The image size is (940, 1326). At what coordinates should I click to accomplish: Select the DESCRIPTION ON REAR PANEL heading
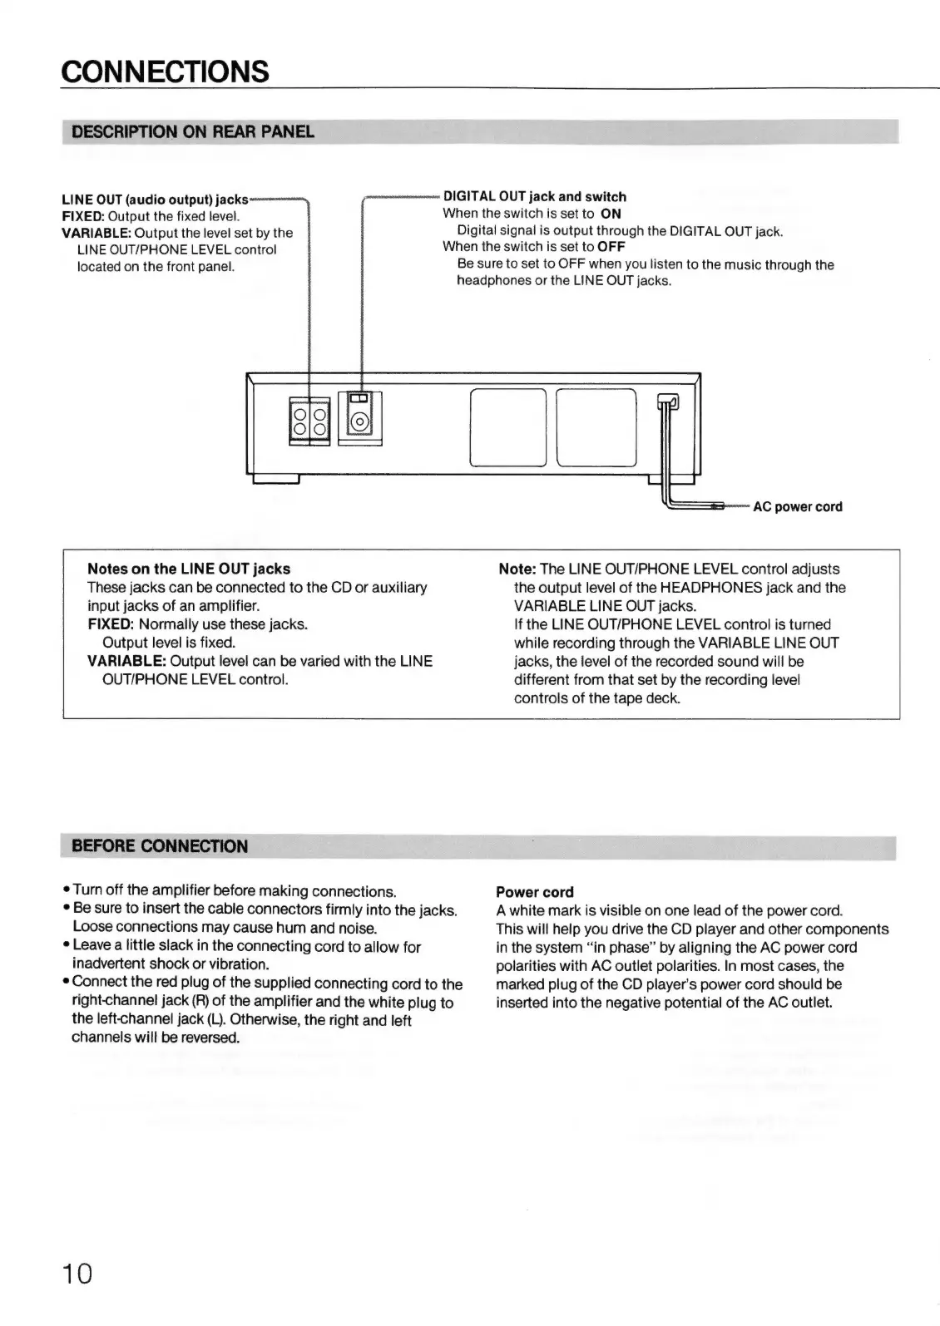(193, 132)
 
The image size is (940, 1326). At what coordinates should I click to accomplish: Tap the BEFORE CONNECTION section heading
(160, 846)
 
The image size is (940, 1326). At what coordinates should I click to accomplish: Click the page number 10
(77, 1274)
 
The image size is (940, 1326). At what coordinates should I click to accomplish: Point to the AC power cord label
(797, 507)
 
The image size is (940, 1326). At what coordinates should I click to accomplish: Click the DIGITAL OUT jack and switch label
(534, 197)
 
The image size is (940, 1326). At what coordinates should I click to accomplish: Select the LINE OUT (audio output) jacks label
(155, 200)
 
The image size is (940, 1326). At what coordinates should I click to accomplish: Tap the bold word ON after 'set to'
(611, 214)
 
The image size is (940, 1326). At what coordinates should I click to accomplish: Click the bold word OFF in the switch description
(611, 247)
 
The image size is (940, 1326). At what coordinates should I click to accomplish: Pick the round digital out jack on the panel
(359, 421)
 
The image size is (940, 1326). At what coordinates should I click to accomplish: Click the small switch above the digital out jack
(359, 398)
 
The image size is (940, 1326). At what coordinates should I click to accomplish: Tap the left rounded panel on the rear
(507, 427)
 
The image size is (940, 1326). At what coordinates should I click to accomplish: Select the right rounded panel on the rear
(596, 427)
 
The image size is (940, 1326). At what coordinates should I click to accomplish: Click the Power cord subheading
(534, 892)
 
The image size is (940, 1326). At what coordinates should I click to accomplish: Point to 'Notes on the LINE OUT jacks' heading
(189, 569)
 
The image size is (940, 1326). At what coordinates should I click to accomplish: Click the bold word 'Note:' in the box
(517, 569)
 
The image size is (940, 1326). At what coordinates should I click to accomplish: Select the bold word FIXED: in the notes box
(111, 624)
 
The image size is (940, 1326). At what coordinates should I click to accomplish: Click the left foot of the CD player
(275, 479)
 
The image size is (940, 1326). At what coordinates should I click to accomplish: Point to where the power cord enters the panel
(666, 402)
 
